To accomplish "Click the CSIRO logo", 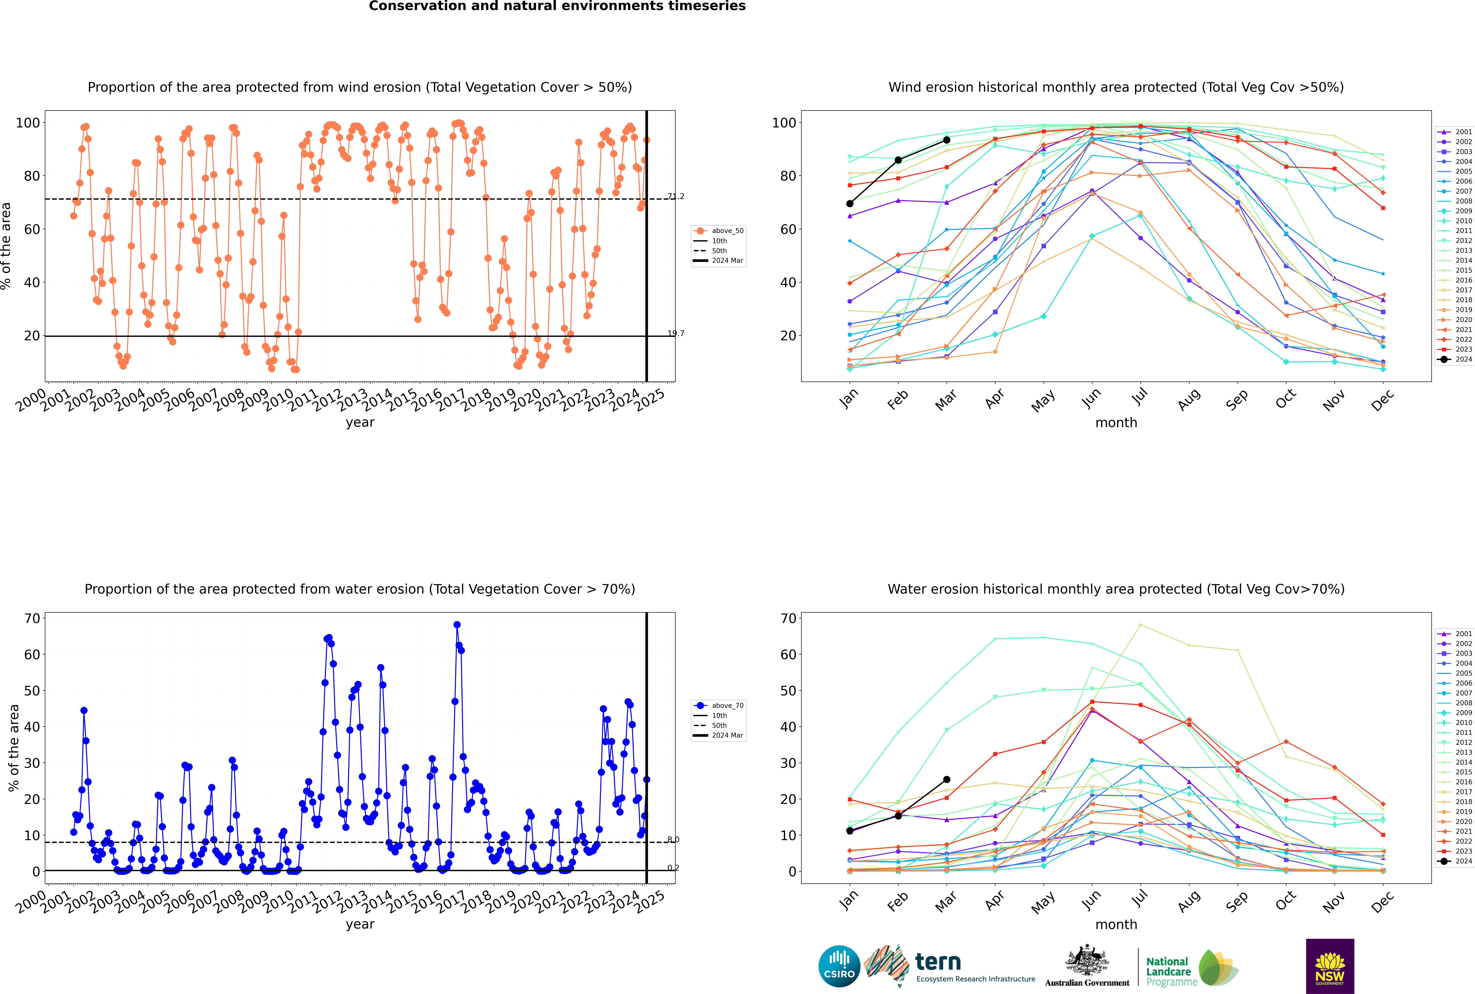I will click(x=839, y=966).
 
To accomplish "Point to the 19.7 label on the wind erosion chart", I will click(x=676, y=333).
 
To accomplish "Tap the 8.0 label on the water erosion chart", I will click(x=674, y=839).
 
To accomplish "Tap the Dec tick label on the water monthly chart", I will click(x=1382, y=901).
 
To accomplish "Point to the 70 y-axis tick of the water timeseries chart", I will click(x=32, y=618).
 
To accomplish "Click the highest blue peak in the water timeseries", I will click(x=457, y=624).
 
